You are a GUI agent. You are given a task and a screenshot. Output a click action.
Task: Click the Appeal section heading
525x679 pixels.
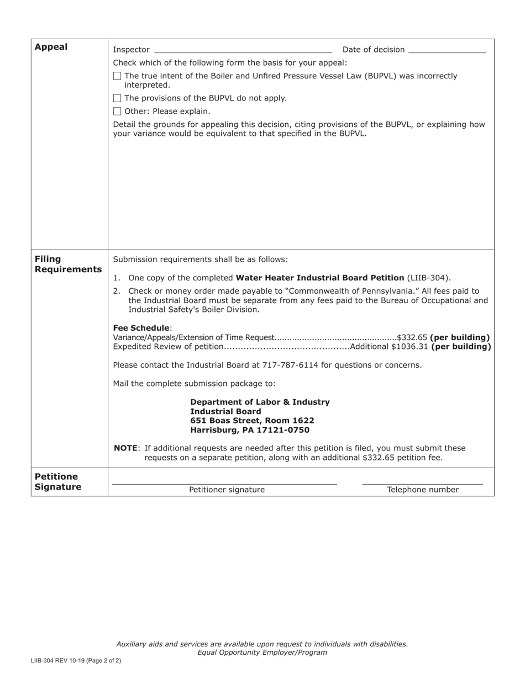(x=51, y=47)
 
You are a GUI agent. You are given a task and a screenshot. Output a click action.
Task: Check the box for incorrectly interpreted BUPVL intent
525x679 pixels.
(x=117, y=76)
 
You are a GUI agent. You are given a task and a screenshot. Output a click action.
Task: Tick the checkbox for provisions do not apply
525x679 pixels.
(x=117, y=98)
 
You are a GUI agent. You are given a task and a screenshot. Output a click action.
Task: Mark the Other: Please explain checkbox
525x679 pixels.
(x=117, y=111)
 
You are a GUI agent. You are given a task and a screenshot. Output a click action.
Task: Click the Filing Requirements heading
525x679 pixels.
(x=68, y=264)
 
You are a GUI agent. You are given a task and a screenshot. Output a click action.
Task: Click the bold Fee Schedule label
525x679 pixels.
(x=141, y=328)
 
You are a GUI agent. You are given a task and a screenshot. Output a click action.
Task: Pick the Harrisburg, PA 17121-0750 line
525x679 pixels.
(x=250, y=430)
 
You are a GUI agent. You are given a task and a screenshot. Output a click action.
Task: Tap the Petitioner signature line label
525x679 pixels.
(x=227, y=490)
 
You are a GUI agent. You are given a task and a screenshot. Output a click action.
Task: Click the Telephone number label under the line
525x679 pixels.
(x=423, y=490)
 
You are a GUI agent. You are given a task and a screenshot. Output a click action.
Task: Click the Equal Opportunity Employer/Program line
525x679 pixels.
(x=262, y=653)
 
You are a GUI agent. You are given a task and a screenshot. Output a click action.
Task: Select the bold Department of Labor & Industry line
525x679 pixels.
(x=260, y=402)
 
